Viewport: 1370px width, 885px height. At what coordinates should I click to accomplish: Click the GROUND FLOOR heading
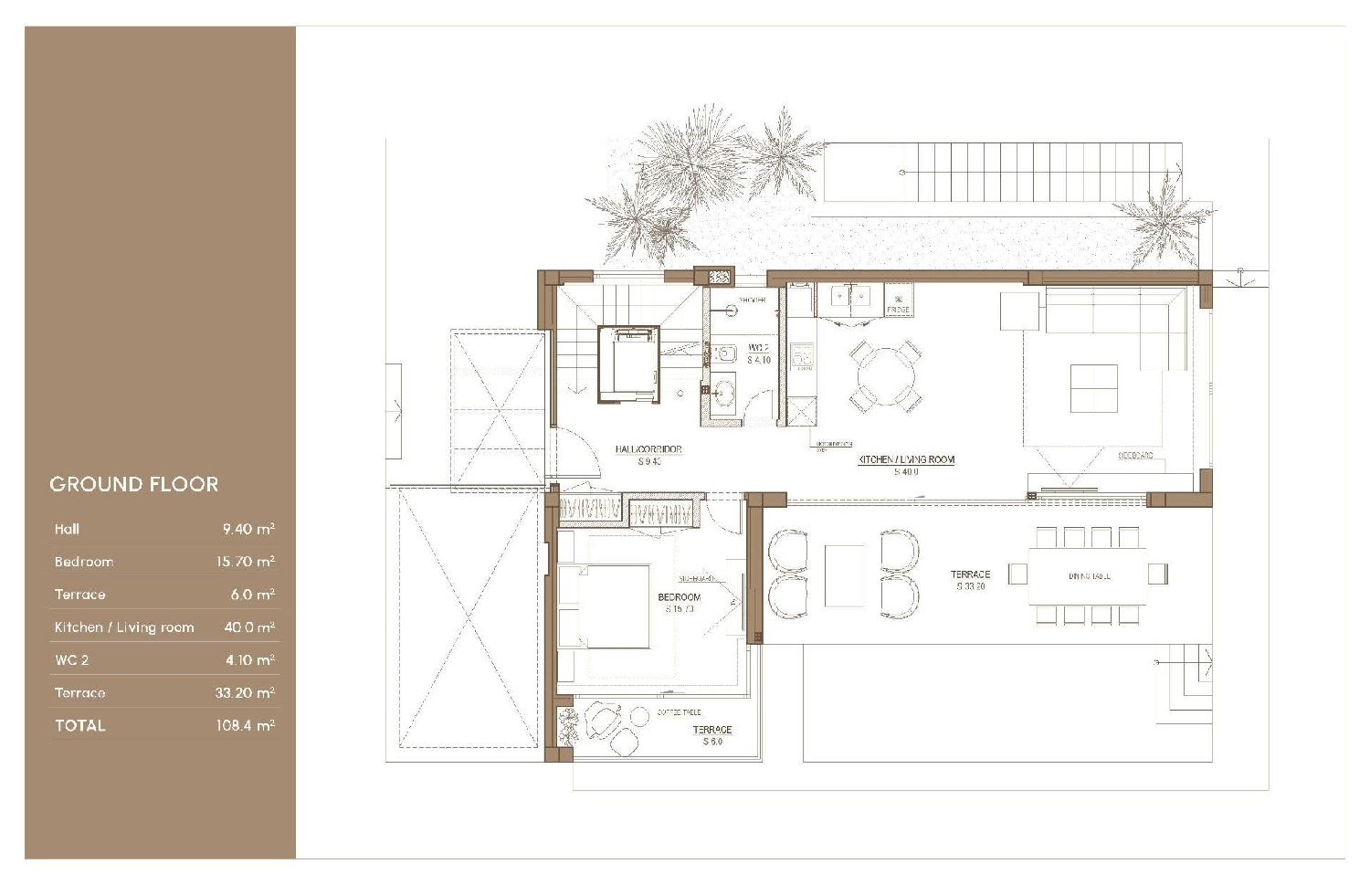[134, 484]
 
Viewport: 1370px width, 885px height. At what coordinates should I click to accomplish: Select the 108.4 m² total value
[246, 725]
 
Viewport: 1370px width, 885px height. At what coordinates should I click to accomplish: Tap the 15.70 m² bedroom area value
[245, 562]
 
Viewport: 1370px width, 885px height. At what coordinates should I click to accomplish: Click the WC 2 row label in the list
[71, 659]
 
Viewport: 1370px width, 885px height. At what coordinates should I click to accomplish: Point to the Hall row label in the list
[67, 529]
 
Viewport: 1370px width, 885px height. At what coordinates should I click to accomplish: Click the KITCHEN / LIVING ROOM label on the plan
[906, 460]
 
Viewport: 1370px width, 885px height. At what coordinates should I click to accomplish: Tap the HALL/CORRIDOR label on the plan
[648, 449]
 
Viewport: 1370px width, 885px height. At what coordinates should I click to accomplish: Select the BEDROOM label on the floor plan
[680, 597]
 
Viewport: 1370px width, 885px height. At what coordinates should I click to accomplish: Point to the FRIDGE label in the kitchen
[898, 310]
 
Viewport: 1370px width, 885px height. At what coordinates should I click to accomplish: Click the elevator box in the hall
[628, 363]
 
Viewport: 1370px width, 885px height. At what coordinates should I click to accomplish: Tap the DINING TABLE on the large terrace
[1087, 575]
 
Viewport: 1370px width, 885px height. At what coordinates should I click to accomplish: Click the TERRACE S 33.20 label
[970, 580]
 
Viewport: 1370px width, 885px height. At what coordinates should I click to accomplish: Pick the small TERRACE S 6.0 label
[712, 735]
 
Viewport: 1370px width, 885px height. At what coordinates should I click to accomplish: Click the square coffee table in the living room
[1093, 388]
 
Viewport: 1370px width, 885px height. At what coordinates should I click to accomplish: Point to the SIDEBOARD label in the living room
[1135, 455]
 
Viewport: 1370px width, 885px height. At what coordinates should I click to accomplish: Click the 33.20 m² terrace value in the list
[245, 692]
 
